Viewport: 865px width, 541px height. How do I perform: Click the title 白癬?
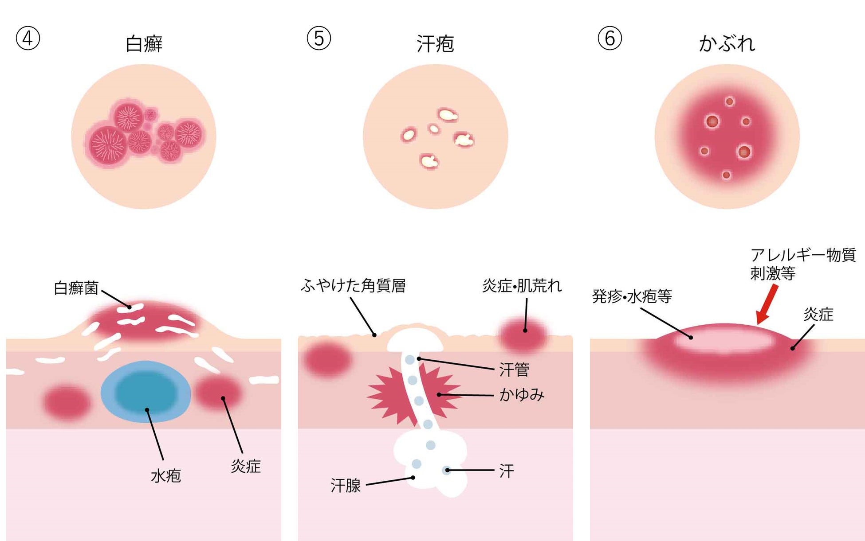144,44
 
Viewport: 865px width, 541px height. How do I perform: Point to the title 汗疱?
435,44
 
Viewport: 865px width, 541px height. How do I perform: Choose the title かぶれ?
727,44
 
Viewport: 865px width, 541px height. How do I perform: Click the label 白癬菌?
76,288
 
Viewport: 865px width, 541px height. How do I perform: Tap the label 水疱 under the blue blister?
166,476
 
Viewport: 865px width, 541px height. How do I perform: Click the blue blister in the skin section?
145,391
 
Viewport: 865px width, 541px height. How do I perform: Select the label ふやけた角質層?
353,286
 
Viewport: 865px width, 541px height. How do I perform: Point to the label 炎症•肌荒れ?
522,286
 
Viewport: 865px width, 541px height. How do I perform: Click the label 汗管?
514,370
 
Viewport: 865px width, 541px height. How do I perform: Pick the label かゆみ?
522,395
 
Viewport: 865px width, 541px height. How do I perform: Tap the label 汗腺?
346,486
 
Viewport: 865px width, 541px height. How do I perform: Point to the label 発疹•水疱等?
632,296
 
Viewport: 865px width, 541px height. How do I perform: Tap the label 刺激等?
773,273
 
